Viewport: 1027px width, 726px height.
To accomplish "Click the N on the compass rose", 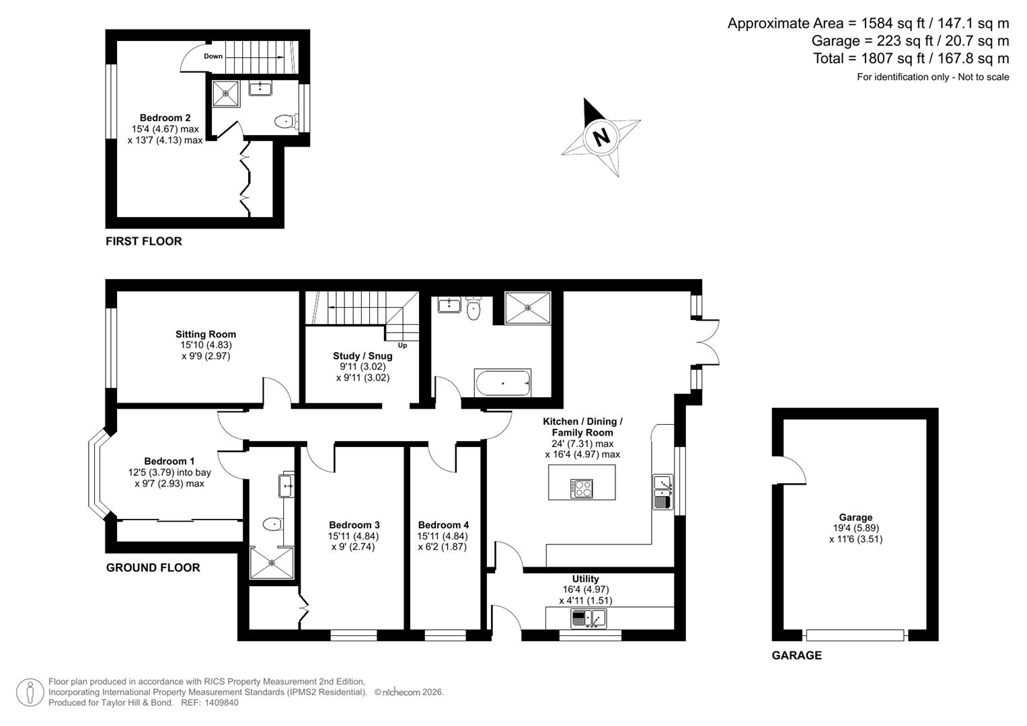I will (x=601, y=136).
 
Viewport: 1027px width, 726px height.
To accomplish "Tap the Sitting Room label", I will (x=206, y=334).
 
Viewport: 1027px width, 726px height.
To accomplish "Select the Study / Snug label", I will (x=363, y=356).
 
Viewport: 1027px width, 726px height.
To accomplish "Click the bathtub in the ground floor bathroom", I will (x=502, y=382).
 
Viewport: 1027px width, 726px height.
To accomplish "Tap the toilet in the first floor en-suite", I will (x=285, y=122).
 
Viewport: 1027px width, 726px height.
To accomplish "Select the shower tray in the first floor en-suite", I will (x=226, y=94).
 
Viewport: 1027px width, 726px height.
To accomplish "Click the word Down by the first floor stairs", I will (x=213, y=56).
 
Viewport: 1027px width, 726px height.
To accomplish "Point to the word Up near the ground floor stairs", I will (x=402, y=346).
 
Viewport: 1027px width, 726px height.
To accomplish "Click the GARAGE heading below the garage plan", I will (x=796, y=655).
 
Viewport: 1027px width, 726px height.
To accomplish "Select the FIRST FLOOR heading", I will (x=144, y=241).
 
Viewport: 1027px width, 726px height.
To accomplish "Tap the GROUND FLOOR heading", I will (x=153, y=568).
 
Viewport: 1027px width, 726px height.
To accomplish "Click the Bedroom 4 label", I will (x=443, y=525).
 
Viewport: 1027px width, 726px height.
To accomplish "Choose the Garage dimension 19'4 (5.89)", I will (x=855, y=528).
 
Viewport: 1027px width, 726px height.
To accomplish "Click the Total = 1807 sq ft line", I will (x=911, y=58).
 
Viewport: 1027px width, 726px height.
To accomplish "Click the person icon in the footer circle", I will (x=30, y=692).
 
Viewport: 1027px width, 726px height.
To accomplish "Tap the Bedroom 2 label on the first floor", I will (x=165, y=118).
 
